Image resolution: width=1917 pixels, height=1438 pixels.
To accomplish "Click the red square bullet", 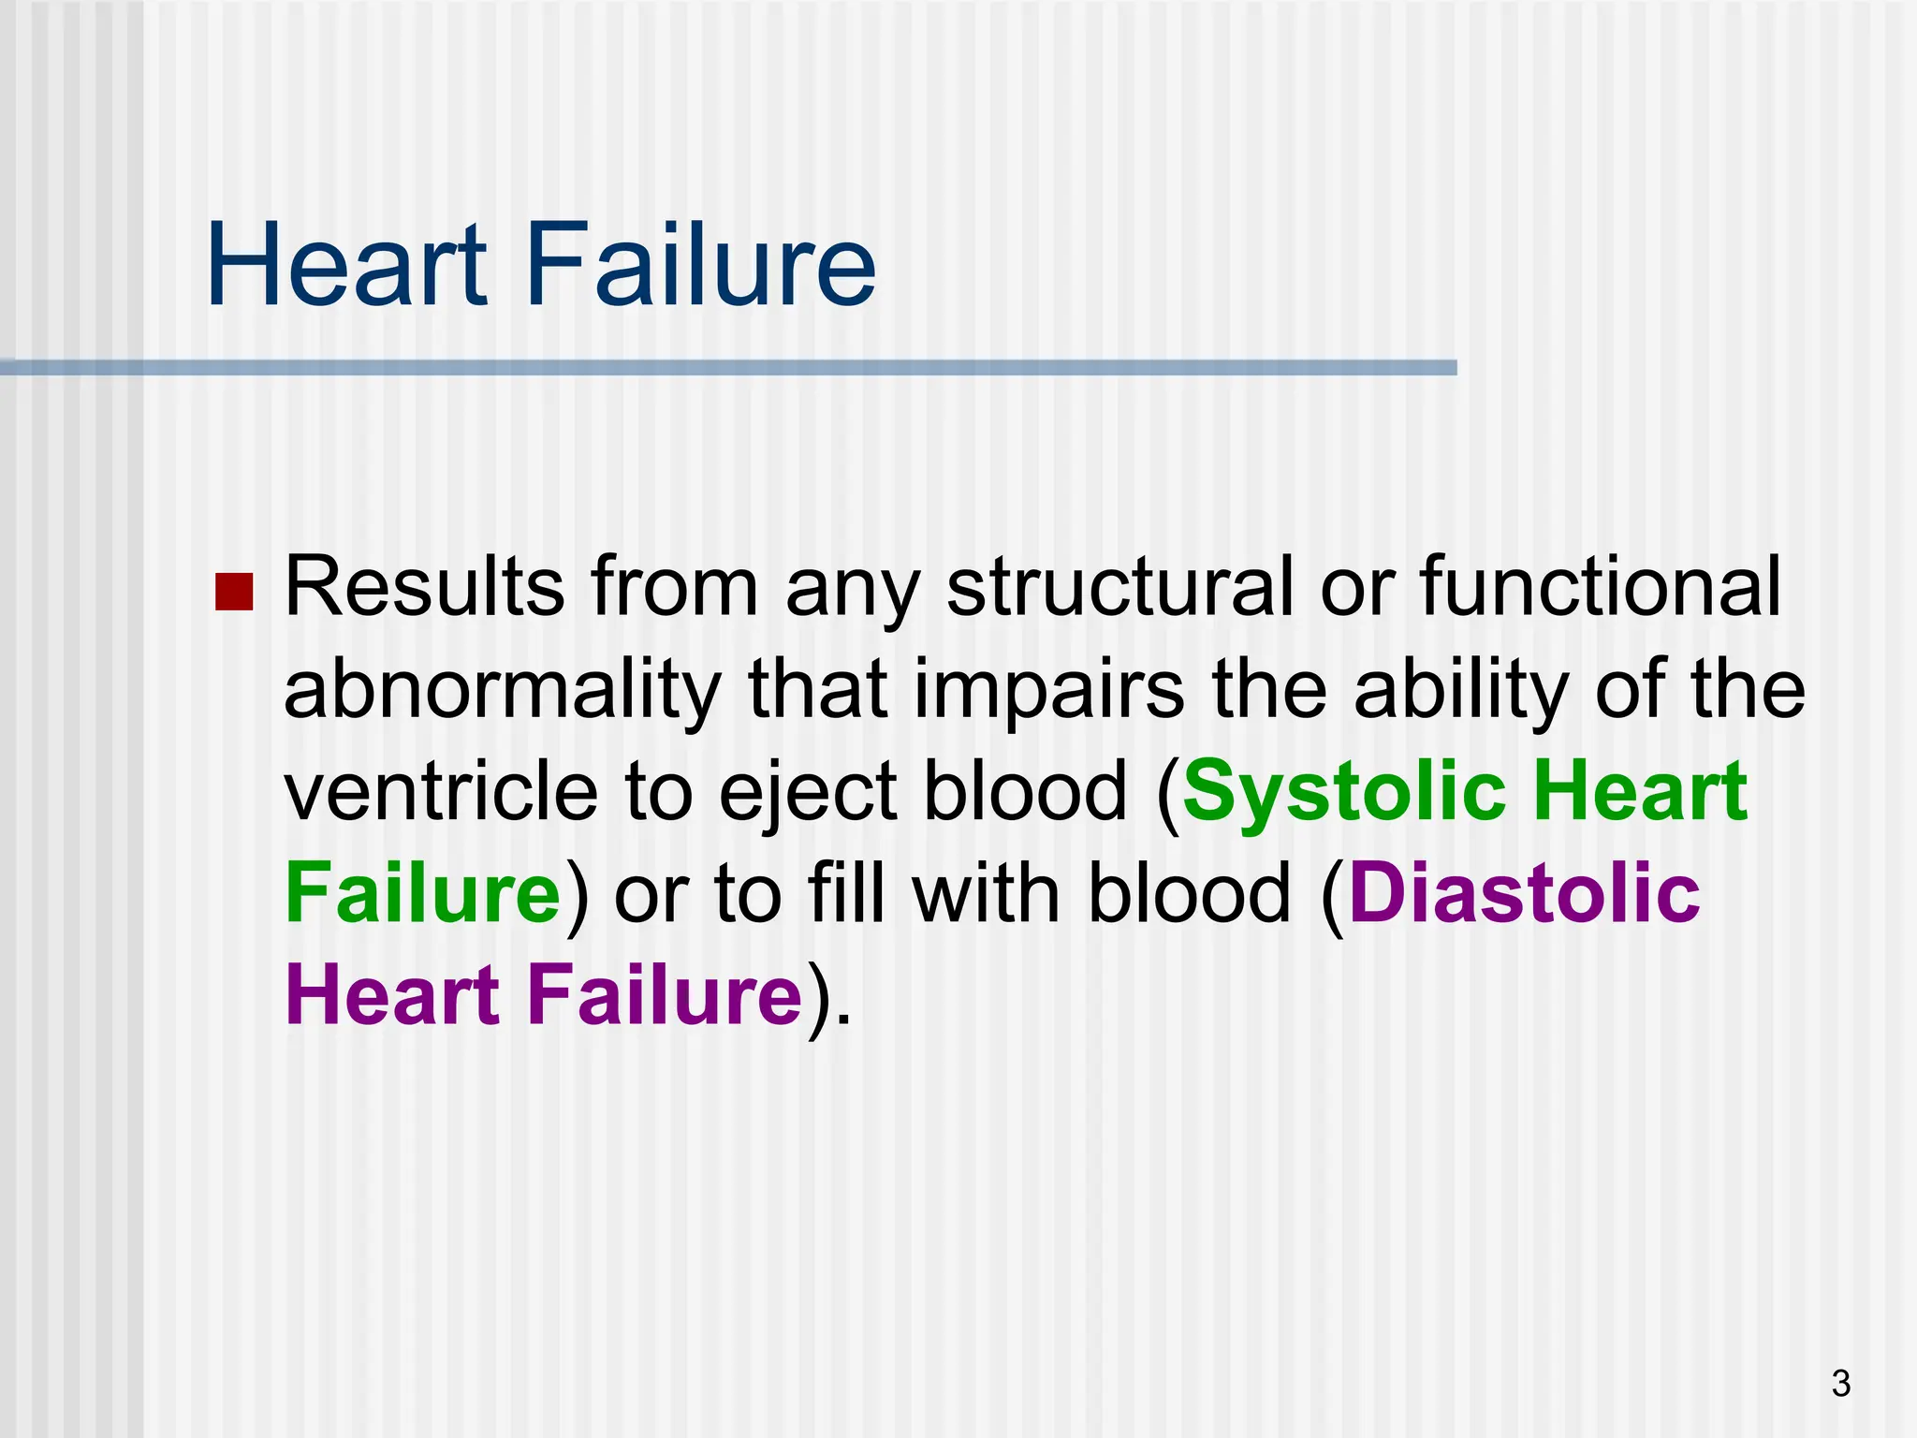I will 234,592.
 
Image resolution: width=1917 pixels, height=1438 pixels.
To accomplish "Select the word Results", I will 424,588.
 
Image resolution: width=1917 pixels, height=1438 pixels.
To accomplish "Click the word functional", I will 1600,588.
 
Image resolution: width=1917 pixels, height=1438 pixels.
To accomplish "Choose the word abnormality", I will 501,691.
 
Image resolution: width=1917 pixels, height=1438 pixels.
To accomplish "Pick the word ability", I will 1461,691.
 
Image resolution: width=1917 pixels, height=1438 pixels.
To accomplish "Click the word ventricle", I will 441,791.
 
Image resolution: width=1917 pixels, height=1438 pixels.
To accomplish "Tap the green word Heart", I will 1640,791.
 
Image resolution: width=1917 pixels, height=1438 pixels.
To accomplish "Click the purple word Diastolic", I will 1524,892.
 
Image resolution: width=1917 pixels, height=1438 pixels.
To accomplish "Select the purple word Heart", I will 393,994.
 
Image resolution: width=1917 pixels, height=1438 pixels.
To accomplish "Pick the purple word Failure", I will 665,994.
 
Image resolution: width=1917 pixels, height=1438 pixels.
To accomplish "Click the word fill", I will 846,892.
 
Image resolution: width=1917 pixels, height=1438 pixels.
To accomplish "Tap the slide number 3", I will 1840,1383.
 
